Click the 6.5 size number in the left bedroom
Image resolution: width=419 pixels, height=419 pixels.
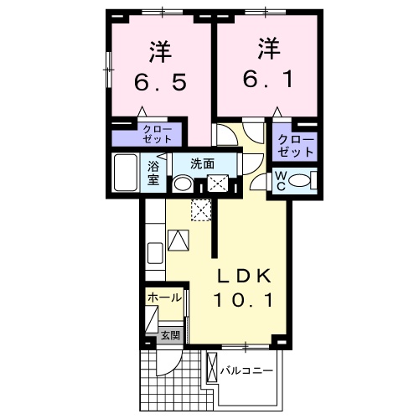(x=160, y=82)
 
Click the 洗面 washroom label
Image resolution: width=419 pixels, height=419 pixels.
(x=201, y=163)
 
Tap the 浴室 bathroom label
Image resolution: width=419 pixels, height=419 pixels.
(x=154, y=172)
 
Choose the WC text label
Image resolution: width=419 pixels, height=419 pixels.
(x=282, y=180)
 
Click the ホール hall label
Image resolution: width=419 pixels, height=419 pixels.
(x=164, y=298)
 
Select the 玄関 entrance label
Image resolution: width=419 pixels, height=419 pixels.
(x=170, y=336)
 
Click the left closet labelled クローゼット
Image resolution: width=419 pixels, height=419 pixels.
(x=156, y=135)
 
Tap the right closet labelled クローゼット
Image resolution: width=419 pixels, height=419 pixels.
(x=295, y=146)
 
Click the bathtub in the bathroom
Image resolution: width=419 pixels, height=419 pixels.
(x=127, y=173)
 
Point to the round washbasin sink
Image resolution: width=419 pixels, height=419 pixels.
(x=183, y=184)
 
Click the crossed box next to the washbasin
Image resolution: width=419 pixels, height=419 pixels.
(x=217, y=184)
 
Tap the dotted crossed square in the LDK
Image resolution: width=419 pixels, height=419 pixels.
(x=201, y=210)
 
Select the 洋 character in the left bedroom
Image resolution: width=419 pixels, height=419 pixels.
(x=160, y=52)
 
